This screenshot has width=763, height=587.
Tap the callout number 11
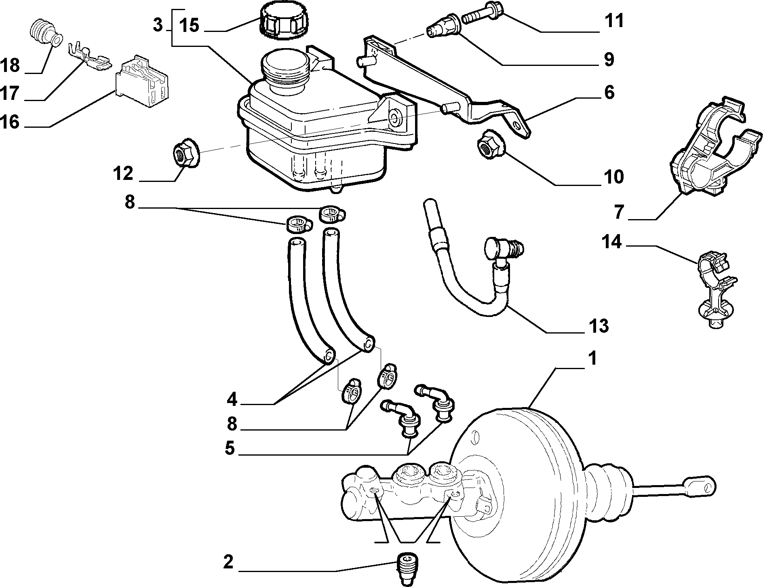[614, 21]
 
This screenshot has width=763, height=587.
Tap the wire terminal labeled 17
[90, 58]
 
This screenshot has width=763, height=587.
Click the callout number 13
[599, 325]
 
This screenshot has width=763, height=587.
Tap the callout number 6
[609, 93]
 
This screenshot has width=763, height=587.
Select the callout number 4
[232, 400]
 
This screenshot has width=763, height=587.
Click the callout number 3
[158, 25]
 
